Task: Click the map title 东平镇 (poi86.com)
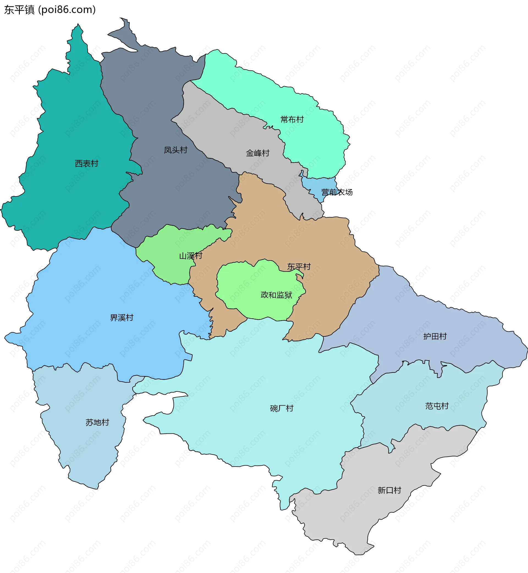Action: pos(50,10)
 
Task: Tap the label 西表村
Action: pos(87,163)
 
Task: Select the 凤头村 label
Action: pos(175,150)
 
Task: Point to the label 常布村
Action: pos(292,119)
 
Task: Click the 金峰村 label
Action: pos(258,153)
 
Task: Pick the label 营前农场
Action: pos(337,192)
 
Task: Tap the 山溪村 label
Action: pos(191,256)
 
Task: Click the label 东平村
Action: pos(299,267)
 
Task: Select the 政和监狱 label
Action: pos(276,295)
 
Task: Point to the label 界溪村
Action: pos(122,318)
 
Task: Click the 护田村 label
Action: pos(435,336)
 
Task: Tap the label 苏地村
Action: pos(97,422)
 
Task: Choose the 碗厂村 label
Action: pos(282,408)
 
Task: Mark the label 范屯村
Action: pos(437,406)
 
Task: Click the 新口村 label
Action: pos(389,490)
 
